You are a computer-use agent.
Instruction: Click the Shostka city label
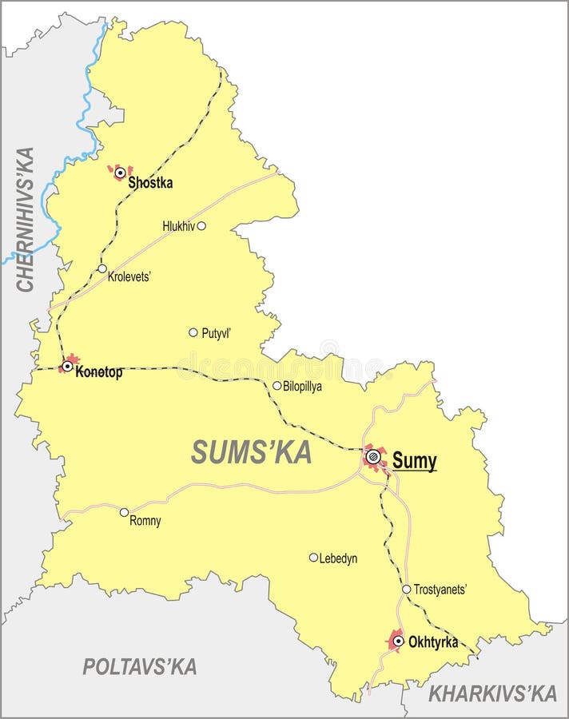150,183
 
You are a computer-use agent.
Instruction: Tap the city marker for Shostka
121,172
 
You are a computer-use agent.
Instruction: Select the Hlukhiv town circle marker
201,226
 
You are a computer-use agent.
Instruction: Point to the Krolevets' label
129,277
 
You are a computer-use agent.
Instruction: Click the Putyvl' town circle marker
193,332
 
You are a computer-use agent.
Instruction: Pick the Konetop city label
99,372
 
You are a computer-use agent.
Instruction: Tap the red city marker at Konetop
68,366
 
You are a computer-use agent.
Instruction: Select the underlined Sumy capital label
414,461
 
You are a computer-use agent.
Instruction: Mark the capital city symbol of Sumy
373,458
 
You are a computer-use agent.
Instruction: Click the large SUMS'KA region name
251,453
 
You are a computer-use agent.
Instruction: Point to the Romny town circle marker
124,512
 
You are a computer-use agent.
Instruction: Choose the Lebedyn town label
338,558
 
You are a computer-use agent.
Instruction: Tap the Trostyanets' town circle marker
406,590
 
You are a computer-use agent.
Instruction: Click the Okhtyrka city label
433,641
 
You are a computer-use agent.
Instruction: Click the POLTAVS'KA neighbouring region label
140,666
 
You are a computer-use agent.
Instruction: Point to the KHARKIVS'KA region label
492,693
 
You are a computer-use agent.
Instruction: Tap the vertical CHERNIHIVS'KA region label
26,220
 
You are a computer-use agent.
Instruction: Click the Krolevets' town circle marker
102,268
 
